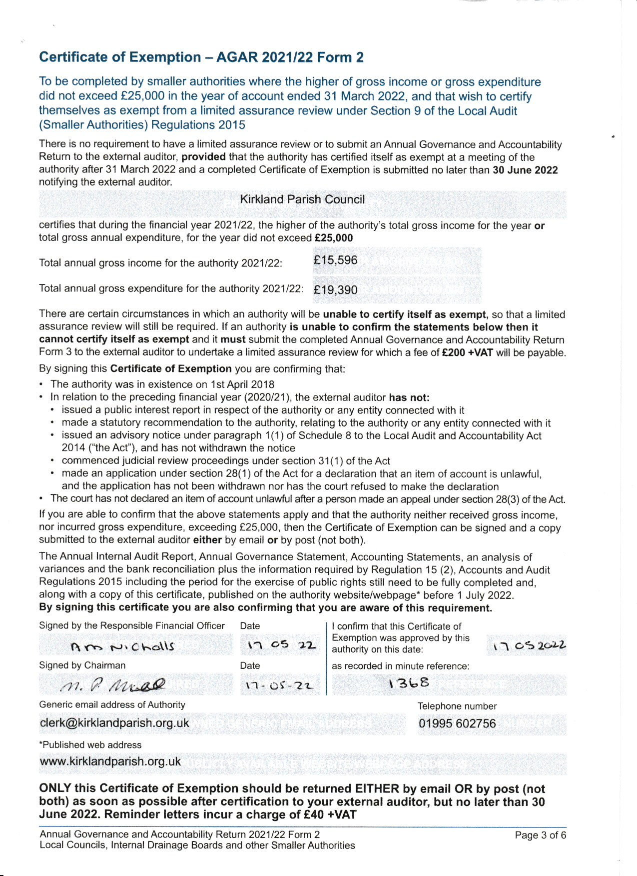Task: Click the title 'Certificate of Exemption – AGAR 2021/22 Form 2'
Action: pyautogui.click(x=201, y=57)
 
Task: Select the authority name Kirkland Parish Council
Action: pyautogui.click(x=302, y=199)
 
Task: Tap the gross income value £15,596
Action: pyautogui.click(x=336, y=260)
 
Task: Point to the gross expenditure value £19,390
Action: pyautogui.click(x=336, y=289)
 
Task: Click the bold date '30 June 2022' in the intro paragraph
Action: pyautogui.click(x=525, y=170)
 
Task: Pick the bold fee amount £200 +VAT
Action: pyautogui.click(x=468, y=352)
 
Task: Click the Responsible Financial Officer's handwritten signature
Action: pyautogui.click(x=123, y=646)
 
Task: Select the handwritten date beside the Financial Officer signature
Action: pyautogui.click(x=282, y=645)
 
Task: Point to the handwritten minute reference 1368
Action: pyautogui.click(x=409, y=683)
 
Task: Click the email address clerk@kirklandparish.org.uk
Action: pyautogui.click(x=114, y=723)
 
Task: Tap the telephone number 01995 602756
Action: pyautogui.click(x=457, y=723)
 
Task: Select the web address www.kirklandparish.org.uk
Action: pyautogui.click(x=110, y=761)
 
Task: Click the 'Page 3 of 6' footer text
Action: pyautogui.click(x=540, y=835)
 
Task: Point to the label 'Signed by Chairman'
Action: pyautogui.click(x=82, y=665)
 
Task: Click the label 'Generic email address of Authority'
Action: pyautogui.click(x=112, y=705)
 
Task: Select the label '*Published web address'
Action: pyautogui.click(x=90, y=745)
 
